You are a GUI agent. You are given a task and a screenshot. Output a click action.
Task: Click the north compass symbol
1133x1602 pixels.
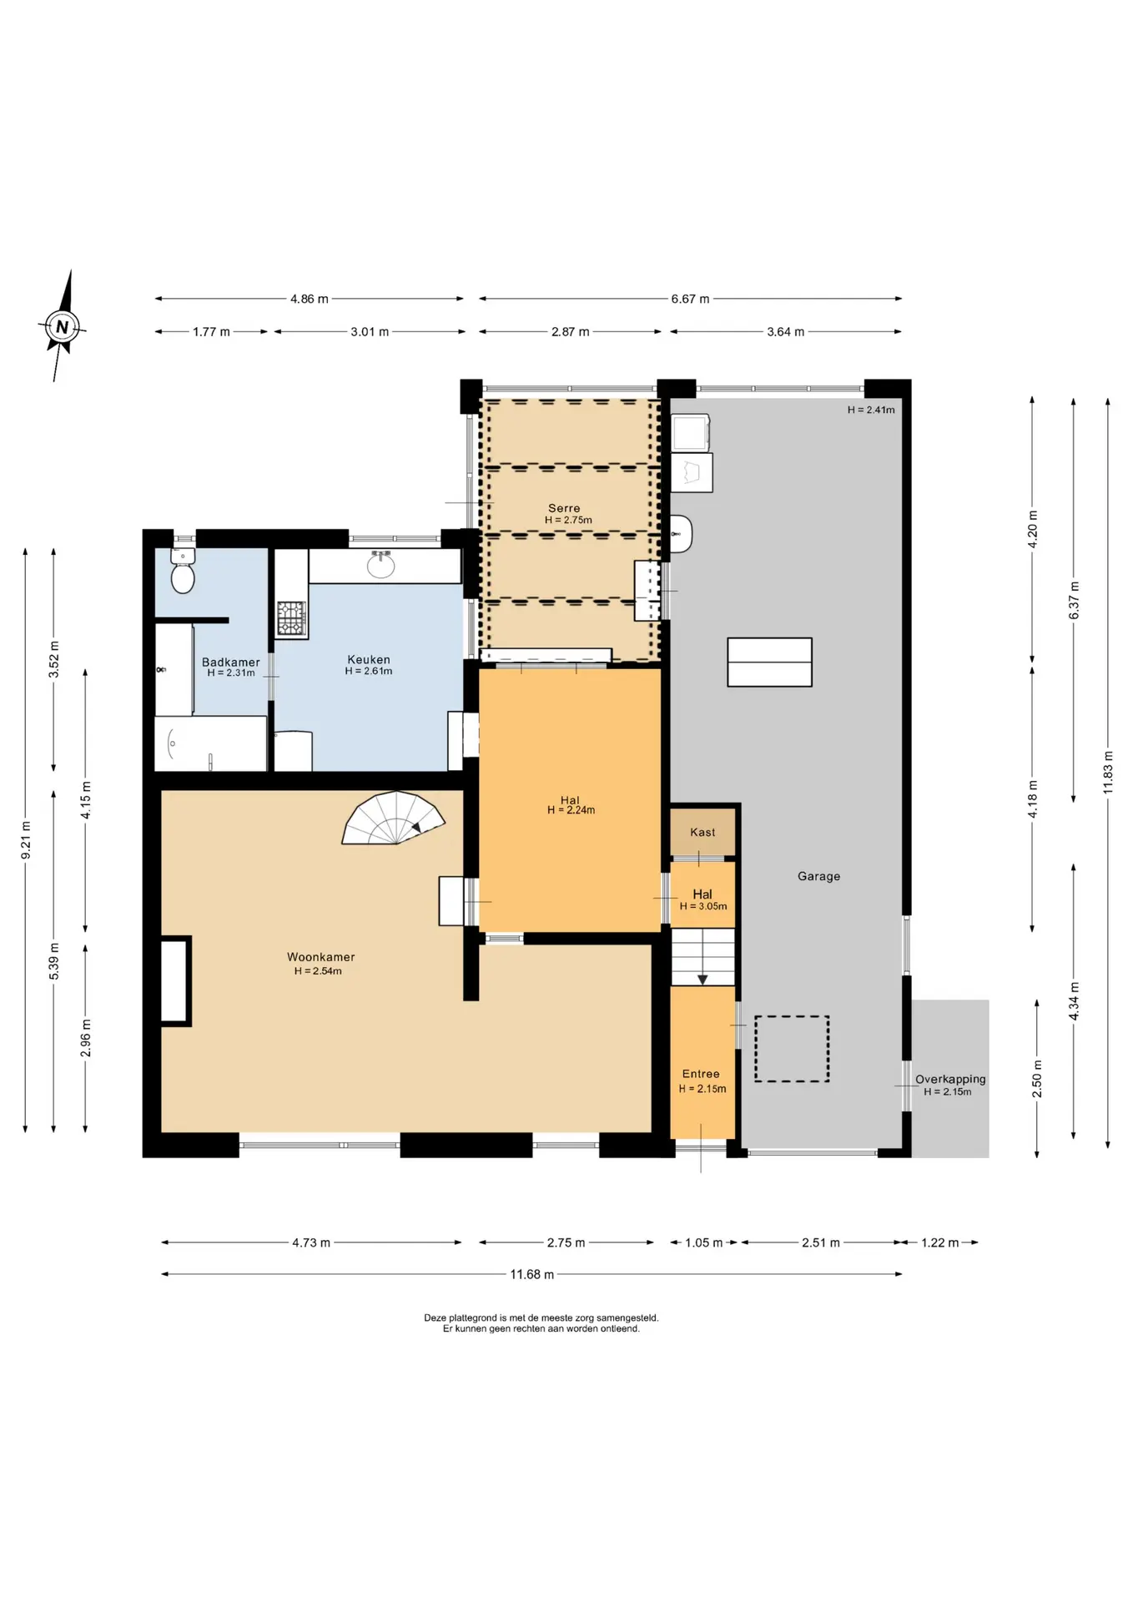pos(62,326)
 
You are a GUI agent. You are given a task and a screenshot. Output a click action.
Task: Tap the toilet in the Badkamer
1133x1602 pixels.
pos(183,570)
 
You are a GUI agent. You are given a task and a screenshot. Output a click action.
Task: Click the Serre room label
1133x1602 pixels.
pos(564,507)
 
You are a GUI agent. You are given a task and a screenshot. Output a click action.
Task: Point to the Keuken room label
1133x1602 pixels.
pos(369,659)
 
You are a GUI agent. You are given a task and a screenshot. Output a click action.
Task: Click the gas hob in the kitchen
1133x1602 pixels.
pos(292,619)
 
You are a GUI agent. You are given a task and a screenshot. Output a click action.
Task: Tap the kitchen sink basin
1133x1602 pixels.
pos(381,565)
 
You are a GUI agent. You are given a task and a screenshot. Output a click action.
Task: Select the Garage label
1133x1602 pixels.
pos(818,876)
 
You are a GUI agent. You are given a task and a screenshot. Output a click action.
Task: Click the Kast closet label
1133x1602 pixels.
pos(702,832)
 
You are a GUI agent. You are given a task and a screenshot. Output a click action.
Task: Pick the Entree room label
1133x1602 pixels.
pos(701,1074)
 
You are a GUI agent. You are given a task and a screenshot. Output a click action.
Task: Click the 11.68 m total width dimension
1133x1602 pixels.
pos(531,1274)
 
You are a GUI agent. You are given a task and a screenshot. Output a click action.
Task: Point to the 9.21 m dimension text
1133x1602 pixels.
pos(27,840)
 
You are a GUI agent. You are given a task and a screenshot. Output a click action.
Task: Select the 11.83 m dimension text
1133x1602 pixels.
pos(1108,773)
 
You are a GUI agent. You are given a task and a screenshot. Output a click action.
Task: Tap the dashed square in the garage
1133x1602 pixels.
pos(792,1049)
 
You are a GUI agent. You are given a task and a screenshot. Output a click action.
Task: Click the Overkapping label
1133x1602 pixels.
pos(950,1079)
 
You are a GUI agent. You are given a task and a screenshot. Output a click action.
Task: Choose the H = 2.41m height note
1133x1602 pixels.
pos(871,410)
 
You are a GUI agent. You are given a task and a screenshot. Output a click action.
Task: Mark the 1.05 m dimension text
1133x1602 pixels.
pos(703,1242)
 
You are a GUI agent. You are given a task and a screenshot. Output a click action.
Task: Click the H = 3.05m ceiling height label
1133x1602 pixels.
pos(703,906)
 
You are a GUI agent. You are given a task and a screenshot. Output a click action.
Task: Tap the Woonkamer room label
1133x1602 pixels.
pos(321,957)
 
